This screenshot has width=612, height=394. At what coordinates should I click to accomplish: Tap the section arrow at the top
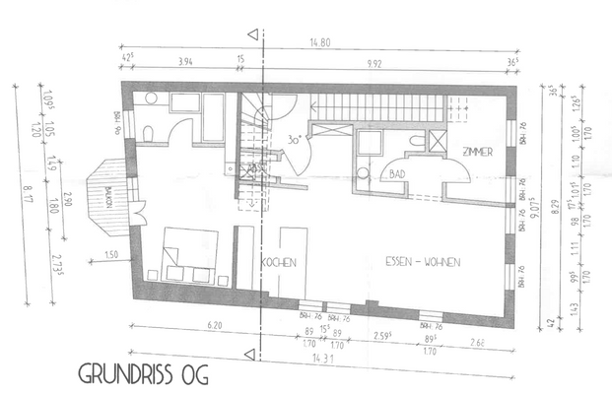(254, 36)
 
